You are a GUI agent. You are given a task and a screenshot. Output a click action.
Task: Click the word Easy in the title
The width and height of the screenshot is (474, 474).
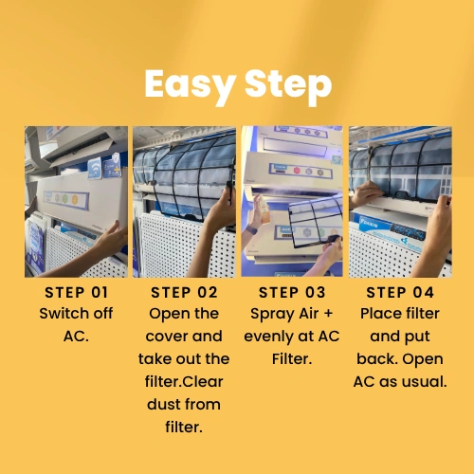point(191,85)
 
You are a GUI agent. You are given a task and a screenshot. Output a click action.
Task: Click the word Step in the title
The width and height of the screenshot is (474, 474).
point(288,85)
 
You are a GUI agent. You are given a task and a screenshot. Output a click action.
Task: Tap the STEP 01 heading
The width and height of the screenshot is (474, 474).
point(77,292)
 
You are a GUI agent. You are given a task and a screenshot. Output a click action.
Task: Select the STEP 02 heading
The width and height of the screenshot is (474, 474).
point(184,292)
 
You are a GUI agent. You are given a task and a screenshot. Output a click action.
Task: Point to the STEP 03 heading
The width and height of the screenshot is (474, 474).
point(292,292)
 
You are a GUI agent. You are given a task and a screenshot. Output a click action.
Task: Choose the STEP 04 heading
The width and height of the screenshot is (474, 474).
point(400,292)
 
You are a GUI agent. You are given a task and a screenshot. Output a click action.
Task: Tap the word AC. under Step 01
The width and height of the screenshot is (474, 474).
point(76,337)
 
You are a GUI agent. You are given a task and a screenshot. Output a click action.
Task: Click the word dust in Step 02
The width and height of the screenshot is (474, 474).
point(162,404)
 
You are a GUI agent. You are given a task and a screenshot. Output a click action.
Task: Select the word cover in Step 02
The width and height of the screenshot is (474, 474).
point(166,337)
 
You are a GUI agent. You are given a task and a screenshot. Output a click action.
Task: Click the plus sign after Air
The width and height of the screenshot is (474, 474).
point(329,314)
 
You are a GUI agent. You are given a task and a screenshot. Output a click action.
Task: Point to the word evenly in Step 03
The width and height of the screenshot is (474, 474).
point(268,337)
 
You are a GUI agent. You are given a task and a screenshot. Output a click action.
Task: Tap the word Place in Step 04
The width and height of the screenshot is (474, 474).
point(380,314)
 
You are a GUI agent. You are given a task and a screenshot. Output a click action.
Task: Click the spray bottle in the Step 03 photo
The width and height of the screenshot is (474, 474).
point(264,210)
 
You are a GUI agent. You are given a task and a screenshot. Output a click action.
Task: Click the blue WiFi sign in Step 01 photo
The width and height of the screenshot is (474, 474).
point(94,169)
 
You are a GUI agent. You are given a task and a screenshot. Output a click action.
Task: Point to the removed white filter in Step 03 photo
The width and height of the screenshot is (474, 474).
point(316,221)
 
